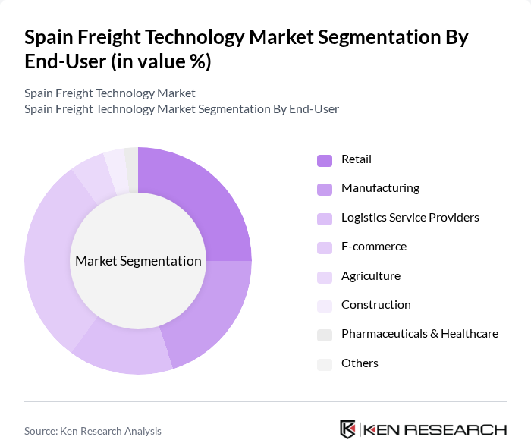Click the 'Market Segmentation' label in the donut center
[138, 261]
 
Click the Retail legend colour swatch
[325, 160]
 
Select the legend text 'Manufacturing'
[380, 188]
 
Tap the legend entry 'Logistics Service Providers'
[410, 218]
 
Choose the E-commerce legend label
[373, 247]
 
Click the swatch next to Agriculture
[325, 277]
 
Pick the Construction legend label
[375, 305]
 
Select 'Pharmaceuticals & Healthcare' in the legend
[419, 334]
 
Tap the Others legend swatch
[325, 364]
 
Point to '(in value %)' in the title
[161, 62]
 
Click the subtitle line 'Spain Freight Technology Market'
[110, 93]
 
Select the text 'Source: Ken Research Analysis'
[93, 431]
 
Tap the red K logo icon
[348, 429]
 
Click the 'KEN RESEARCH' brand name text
[436, 429]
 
